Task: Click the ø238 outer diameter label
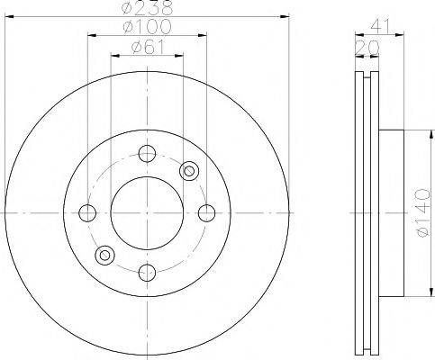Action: (x=148, y=8)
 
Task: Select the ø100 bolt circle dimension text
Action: (x=147, y=26)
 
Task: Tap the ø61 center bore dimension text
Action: (x=148, y=48)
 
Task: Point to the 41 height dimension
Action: (x=380, y=26)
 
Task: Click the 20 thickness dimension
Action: (x=367, y=48)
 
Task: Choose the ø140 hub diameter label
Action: (x=423, y=212)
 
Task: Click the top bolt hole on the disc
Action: (x=147, y=153)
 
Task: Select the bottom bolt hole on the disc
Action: (x=147, y=273)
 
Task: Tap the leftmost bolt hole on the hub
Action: (x=87, y=213)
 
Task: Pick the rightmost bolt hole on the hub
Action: (x=207, y=213)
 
